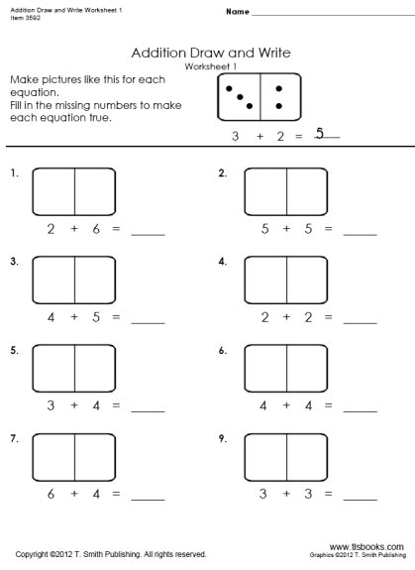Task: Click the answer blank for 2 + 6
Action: tap(148, 233)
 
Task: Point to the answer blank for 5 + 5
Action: tap(361, 233)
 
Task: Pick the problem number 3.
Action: tap(14, 262)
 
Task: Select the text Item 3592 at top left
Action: tap(21, 17)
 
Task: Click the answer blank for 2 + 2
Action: tap(361, 321)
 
